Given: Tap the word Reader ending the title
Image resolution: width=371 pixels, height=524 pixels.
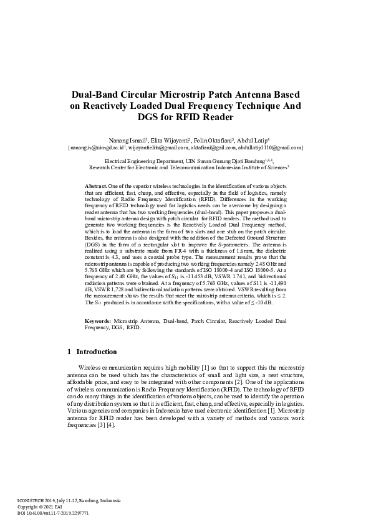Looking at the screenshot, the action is tap(213, 116).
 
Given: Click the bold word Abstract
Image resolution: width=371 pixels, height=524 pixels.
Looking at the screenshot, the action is tap(96, 186).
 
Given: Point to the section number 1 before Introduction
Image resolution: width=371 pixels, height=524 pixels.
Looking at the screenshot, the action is tap(69, 352).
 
